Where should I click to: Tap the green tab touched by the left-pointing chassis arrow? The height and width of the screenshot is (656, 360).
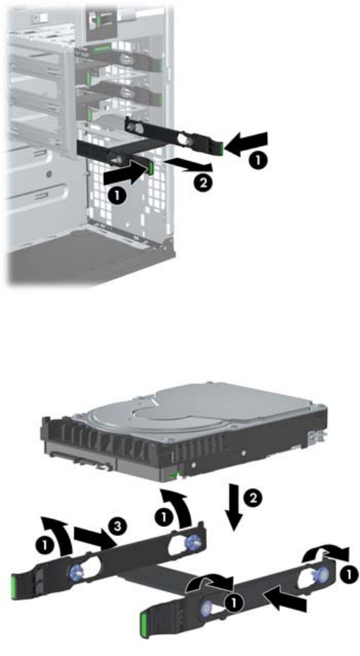[x=222, y=147]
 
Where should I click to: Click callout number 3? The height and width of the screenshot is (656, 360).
[x=117, y=526]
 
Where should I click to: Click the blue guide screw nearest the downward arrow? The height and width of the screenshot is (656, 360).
[x=191, y=541]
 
